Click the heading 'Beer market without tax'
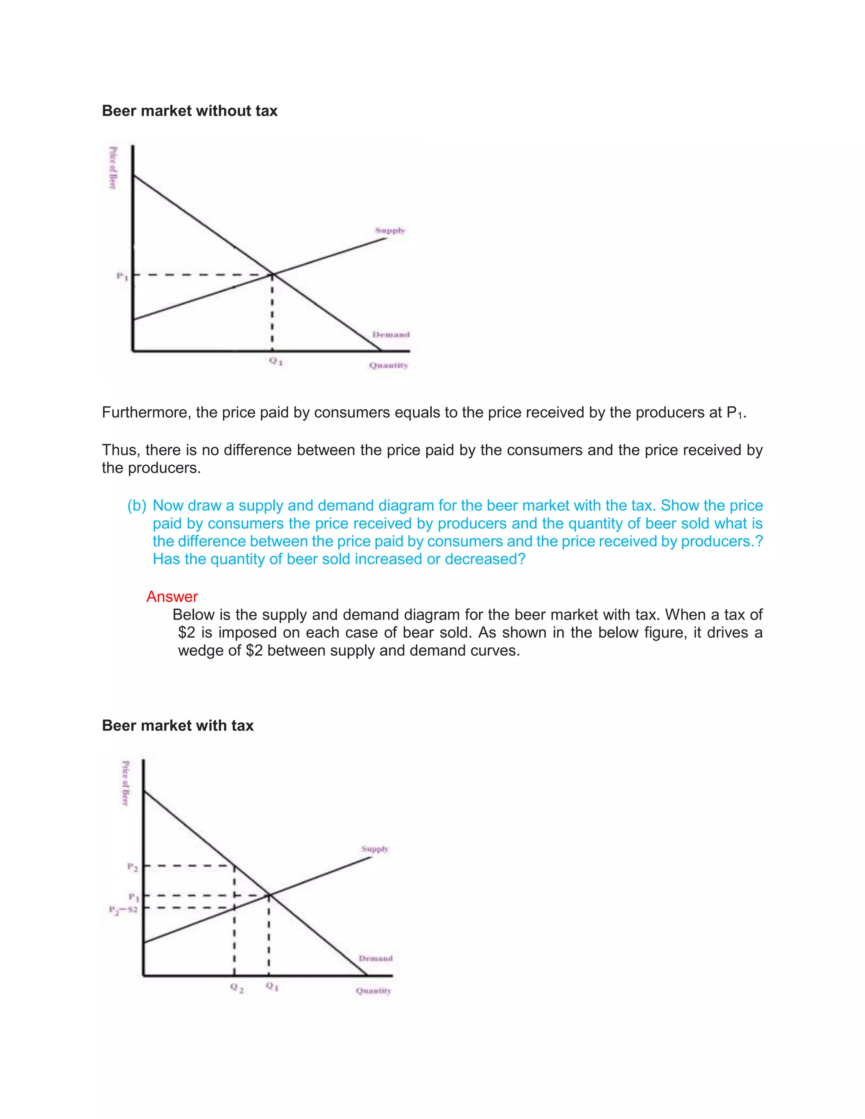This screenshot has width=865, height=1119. [190, 111]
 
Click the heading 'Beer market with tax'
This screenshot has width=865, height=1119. [178, 725]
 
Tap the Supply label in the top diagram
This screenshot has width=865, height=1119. [390, 231]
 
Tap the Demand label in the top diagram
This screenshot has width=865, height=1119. [391, 334]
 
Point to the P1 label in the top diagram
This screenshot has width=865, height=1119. [122, 277]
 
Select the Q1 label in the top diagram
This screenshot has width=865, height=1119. [276, 361]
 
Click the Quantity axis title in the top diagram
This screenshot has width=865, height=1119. [389, 365]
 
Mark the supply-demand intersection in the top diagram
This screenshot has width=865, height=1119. [272, 274]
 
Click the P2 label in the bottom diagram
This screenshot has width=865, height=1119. [132, 867]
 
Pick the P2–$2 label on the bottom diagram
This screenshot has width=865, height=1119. [123, 910]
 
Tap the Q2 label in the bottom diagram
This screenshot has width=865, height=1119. [237, 987]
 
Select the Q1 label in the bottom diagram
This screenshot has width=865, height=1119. [272, 987]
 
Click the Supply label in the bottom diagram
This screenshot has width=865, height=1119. [375, 849]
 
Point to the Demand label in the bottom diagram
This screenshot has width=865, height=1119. [375, 958]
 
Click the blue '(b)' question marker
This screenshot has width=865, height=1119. [137, 506]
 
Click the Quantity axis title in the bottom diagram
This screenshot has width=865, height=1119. [373, 991]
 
